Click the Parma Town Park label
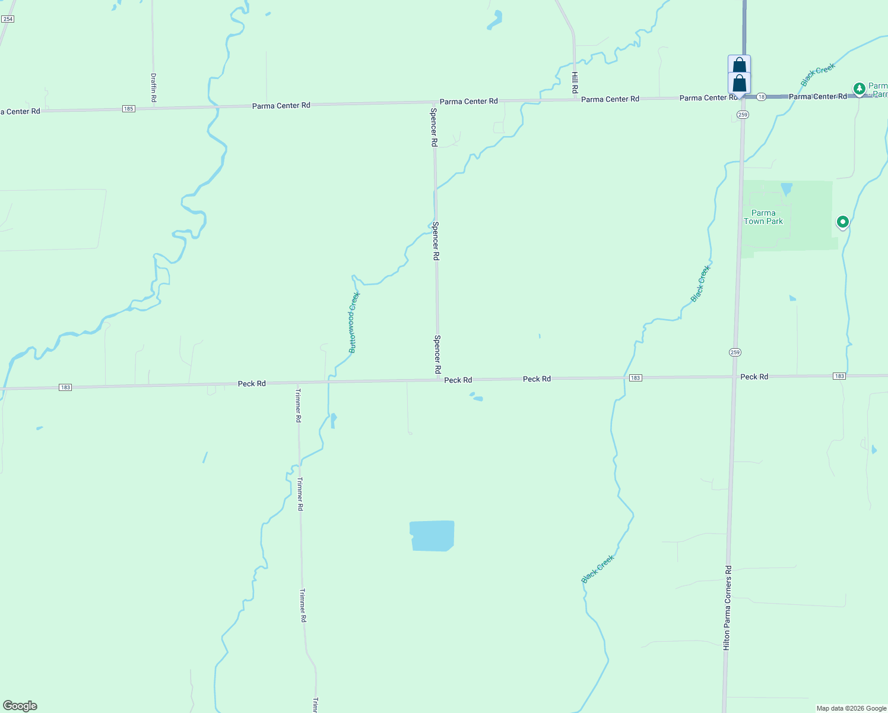coord(763,217)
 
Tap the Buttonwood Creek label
coord(354,323)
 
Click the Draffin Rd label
coord(153,87)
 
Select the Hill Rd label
coord(575,82)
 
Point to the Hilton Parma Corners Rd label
coord(727,607)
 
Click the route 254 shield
coord(8,19)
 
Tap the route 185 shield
coord(129,109)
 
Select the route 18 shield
coord(761,96)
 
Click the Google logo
coord(20,706)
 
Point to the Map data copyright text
coord(851,708)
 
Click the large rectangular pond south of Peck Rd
coord(432,536)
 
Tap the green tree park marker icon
coord(859,89)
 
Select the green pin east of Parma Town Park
coord(842,222)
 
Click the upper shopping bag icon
coord(739,65)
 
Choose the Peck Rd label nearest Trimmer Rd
coord(252,384)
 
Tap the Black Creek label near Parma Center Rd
coord(817,75)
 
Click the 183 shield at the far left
coord(65,387)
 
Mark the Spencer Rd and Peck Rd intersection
coord(438,380)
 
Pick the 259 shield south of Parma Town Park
coord(735,352)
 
